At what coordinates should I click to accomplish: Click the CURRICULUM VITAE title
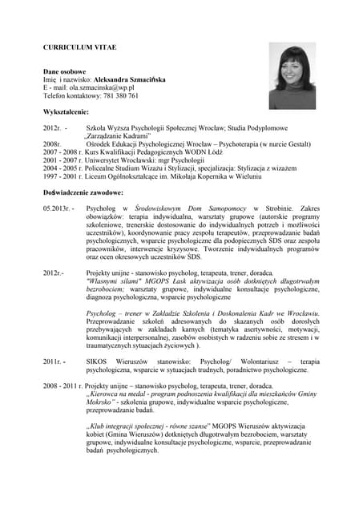(x=79, y=48)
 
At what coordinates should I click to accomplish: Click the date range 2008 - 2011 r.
(x=63, y=386)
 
